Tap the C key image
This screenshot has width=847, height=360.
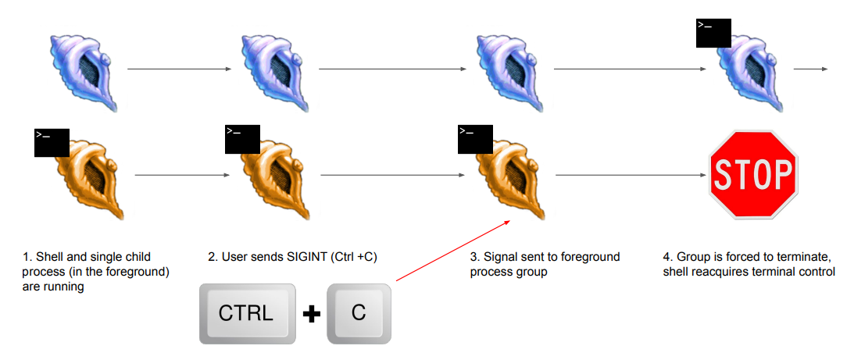(x=358, y=313)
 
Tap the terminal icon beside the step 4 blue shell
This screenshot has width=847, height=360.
(x=713, y=33)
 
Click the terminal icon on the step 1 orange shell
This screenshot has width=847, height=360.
(x=52, y=142)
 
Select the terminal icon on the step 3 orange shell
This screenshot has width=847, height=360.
(x=474, y=138)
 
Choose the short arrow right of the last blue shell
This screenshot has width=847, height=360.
(x=810, y=69)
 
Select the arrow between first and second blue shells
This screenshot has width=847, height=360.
(x=179, y=69)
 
